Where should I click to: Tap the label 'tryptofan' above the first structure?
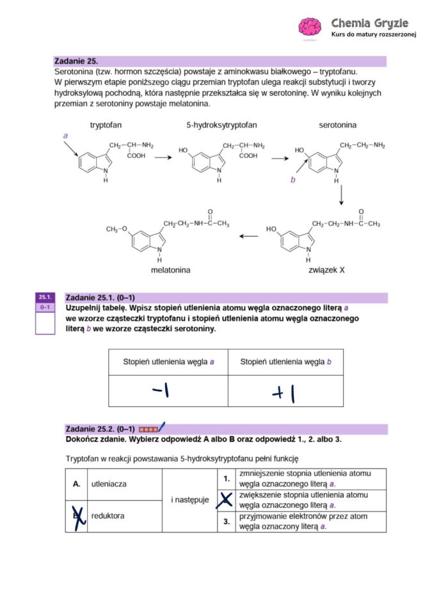pyautogui.click(x=106, y=125)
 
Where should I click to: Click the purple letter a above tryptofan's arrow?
pyautogui.click(x=65, y=136)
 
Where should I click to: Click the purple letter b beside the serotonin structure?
pyautogui.click(x=293, y=180)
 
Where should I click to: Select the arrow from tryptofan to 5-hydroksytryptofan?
pyautogui.click(x=164, y=157)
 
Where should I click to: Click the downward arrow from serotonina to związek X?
pyautogui.click(x=341, y=195)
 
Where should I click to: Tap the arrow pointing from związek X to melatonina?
pyautogui.click(x=248, y=236)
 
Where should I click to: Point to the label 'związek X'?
pyautogui.click(x=326, y=270)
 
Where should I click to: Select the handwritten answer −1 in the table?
pyautogui.click(x=160, y=390)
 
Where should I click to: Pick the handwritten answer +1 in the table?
pyautogui.click(x=284, y=392)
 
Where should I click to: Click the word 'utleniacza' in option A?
pyautogui.click(x=109, y=484)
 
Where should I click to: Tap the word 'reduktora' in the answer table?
pyautogui.click(x=108, y=515)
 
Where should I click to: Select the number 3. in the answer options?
pyautogui.click(x=227, y=522)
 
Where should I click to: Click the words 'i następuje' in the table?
pyautogui.click(x=189, y=500)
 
